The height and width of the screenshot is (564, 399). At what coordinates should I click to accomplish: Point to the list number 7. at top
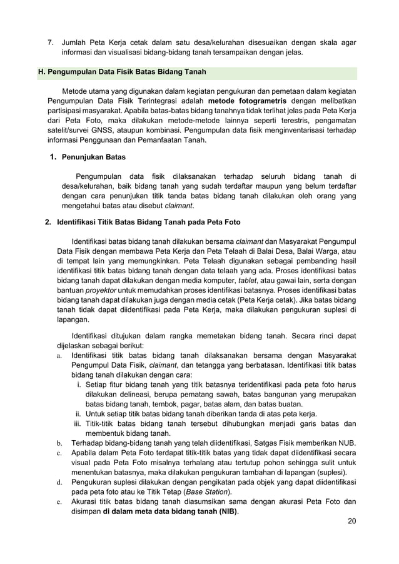point(52,43)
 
